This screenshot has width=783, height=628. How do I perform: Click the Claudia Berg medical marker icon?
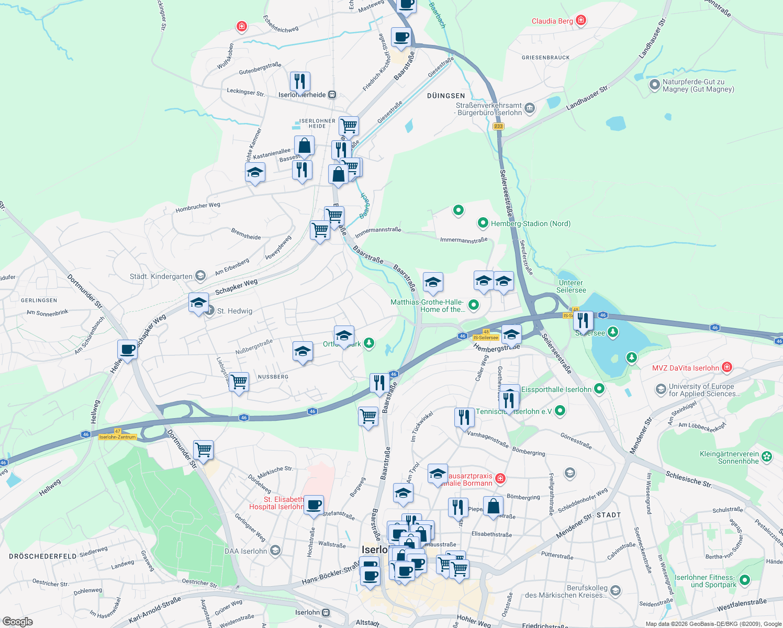coord(580,21)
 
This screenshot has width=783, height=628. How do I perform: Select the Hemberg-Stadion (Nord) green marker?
coord(483,223)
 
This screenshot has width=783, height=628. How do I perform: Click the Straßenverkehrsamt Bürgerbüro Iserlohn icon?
coord(529,108)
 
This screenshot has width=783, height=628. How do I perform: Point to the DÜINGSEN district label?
coord(446,96)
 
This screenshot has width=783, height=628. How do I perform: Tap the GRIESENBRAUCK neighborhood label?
coord(545,58)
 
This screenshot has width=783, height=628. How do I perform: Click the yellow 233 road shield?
coord(498,126)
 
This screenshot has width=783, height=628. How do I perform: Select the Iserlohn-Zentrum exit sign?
coord(117,437)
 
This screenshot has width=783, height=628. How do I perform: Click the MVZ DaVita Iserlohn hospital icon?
coord(726,367)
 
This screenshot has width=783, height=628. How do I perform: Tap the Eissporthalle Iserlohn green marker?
coord(599,389)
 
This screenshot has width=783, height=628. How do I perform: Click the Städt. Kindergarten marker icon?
coord(200,276)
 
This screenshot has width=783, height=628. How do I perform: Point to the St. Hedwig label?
coord(234,311)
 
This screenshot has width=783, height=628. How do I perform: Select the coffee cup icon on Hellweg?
coord(127,350)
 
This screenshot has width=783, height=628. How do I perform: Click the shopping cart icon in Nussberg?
coord(239,382)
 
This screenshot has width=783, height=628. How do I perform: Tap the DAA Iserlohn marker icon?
coord(275,551)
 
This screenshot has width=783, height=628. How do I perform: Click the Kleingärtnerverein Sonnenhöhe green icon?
coord(767,456)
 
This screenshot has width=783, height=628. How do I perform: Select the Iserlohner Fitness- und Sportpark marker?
coord(744,580)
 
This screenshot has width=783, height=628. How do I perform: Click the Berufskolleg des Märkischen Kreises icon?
coord(616,591)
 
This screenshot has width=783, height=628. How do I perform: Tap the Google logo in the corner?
coord(17,621)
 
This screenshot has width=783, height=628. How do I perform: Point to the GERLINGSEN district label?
coord(39,300)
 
